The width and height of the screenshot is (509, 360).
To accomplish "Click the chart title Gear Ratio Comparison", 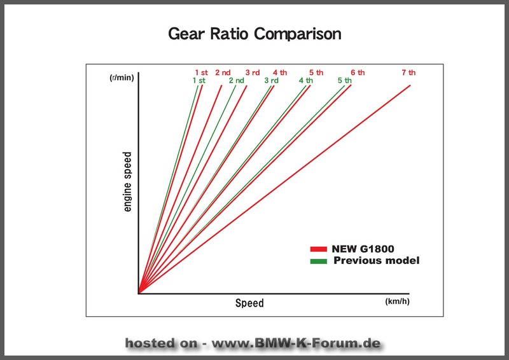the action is [254, 34].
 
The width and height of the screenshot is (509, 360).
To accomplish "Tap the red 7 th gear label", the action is [408, 73].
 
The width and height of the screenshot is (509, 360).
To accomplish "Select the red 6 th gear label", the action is [358, 73].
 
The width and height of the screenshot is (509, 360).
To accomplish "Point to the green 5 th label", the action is [344, 80].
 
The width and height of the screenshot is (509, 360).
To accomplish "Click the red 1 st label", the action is [201, 73].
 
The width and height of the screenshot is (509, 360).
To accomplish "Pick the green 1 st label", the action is [199, 80].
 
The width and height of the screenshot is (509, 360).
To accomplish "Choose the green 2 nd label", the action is [236, 80].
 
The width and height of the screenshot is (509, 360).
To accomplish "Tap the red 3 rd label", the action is [253, 73].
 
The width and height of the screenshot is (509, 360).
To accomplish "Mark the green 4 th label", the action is [306, 80].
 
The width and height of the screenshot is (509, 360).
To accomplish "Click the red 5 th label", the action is [316, 73].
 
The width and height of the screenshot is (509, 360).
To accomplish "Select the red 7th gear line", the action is [274, 190].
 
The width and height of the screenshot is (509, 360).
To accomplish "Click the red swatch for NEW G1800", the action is [319, 249].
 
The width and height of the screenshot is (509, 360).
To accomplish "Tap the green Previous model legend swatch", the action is [319, 261].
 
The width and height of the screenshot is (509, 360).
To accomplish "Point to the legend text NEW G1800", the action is [363, 249].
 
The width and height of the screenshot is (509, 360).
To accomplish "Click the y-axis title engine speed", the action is [128, 182].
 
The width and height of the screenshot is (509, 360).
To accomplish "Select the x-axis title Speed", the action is [249, 303].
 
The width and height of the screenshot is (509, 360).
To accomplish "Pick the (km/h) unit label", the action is [397, 301].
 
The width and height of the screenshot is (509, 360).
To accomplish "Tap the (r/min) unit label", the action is [122, 78].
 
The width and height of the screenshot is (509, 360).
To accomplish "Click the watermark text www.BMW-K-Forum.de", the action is [296, 343].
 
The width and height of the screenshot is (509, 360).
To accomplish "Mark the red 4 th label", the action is [280, 73].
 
